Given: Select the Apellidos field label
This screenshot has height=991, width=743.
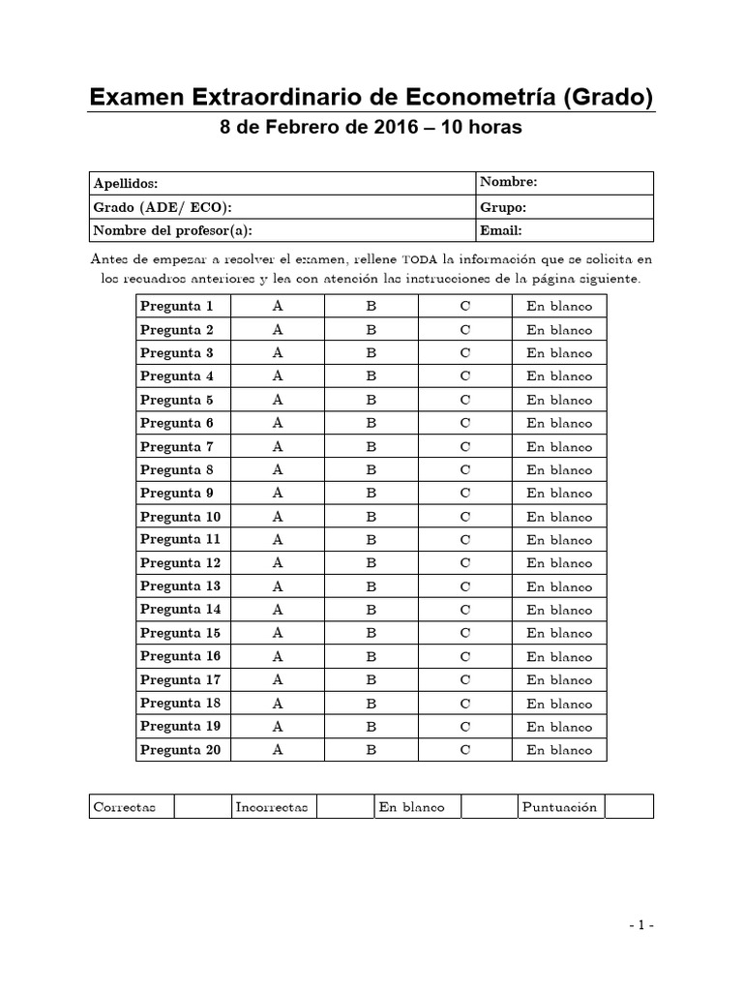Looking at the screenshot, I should coord(126,184).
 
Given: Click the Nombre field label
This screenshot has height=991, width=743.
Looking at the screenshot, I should coord(509,182).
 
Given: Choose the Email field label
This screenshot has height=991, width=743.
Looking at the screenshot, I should coord(501,230).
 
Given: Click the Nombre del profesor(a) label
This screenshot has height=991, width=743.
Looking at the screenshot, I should coord(178,230).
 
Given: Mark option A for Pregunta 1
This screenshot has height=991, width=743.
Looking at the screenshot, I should coord(278,306).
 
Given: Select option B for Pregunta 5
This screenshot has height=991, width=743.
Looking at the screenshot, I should coord(371,400).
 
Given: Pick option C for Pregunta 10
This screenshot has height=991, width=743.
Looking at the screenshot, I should coord(464,517).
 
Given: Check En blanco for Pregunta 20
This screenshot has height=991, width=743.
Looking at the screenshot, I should coord(559,750).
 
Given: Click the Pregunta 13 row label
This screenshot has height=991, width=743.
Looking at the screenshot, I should coord(181,586).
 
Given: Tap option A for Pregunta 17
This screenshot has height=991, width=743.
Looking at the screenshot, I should coord(278,680).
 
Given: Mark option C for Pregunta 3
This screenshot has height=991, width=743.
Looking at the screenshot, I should coord(464,353).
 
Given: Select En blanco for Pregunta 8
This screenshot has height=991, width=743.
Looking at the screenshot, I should coord(559,470).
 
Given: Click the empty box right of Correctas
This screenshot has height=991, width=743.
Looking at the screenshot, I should coord(201,806).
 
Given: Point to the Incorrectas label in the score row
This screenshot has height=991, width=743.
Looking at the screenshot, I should coord(271,807).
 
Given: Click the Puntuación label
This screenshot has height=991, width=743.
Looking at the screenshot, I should coord(559,807).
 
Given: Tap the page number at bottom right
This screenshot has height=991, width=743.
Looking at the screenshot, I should coord(639,925).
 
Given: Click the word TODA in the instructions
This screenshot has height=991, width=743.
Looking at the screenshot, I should coord(420,259).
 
